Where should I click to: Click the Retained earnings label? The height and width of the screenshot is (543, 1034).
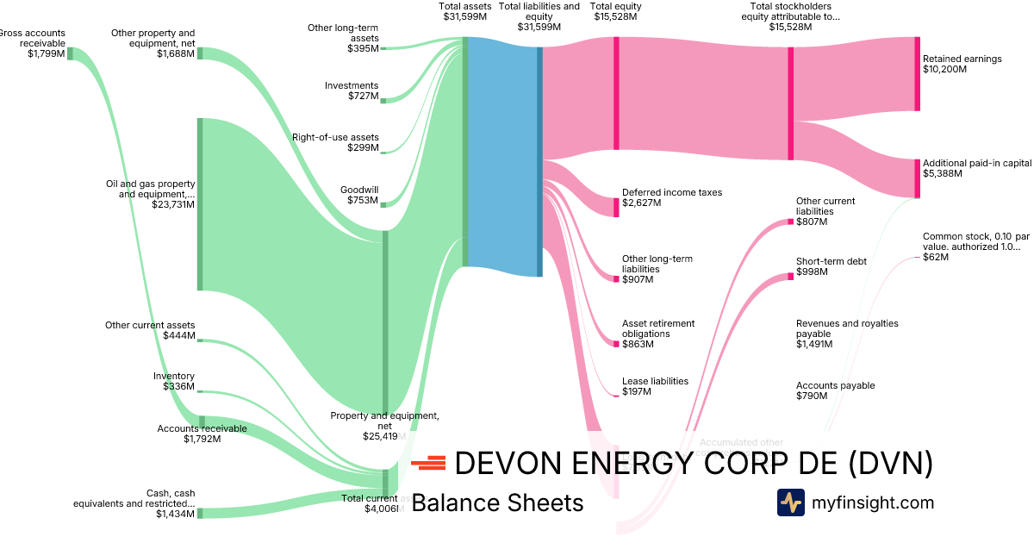[962, 59]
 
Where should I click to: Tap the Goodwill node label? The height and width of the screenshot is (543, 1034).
[360, 190]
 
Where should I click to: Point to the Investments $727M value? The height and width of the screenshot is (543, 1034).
[363, 96]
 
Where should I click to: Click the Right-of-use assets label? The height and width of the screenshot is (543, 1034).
[335, 137]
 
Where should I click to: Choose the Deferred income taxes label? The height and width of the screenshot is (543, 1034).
[672, 193]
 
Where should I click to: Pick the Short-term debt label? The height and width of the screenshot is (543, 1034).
[831, 261]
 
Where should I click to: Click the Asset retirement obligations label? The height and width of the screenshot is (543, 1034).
[658, 328]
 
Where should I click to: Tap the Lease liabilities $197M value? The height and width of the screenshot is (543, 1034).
[636, 391]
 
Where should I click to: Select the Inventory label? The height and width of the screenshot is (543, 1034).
[174, 376]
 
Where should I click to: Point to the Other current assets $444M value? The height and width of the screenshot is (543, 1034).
[178, 335]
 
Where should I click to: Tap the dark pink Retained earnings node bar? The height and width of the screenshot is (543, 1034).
[917, 74]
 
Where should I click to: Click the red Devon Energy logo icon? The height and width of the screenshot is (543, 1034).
[428, 465]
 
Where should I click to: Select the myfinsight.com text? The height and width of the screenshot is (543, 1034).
[872, 502]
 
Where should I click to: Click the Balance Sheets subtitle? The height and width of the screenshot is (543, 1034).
[497, 503]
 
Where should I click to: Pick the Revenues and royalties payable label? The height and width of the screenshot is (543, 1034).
[847, 328]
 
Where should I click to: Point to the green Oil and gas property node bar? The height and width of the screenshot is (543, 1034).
[200, 204]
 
